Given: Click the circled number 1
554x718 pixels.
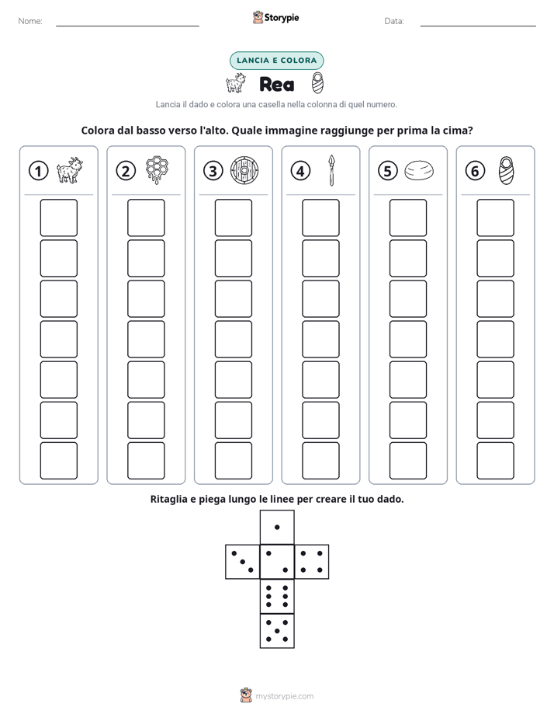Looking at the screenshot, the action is point(38,171).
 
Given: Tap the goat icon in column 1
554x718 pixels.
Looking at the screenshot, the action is point(70,170).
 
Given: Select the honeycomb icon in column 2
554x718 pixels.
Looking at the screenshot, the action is point(157,170).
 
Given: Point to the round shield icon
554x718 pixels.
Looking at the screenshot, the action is point(244,170).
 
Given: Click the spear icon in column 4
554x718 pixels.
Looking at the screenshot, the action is point(332,170).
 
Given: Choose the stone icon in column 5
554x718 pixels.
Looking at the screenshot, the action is point(419,170).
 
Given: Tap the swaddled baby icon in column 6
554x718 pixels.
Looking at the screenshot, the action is point(506,170).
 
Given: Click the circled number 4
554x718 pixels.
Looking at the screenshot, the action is point(300,171).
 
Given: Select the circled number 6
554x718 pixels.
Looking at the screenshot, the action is point(475,171).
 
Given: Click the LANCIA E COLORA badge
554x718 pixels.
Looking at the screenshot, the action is point(276,61).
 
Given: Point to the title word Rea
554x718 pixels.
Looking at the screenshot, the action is point(276,84).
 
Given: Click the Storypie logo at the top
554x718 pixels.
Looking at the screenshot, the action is point(275,17).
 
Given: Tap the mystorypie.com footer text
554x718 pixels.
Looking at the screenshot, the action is point(284,696).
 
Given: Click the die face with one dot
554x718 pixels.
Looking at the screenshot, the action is point(277,527).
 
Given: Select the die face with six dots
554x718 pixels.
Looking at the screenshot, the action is point(277,596).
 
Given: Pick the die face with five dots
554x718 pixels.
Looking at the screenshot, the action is point(277,631).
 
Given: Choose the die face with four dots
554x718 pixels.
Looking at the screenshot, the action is point(312,562).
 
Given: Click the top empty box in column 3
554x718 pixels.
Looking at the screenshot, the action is point(233,218).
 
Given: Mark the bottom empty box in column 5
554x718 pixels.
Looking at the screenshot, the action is point(408,461).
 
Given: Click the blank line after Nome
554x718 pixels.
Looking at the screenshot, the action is point(127,26).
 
